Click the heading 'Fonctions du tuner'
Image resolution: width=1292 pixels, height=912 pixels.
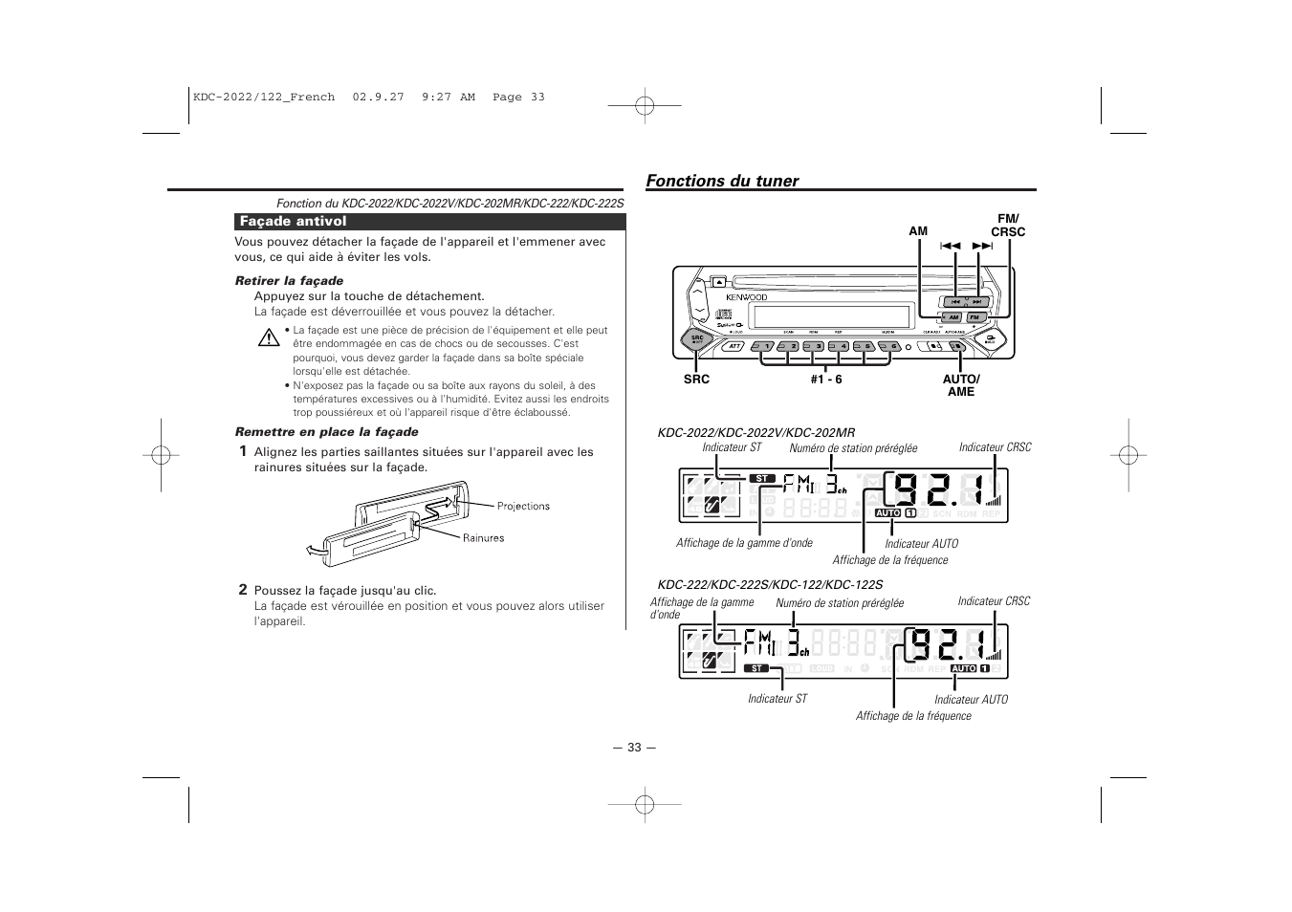tap(722, 181)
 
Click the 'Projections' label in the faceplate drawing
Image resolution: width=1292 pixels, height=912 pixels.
tap(523, 507)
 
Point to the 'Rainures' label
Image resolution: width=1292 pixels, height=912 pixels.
tap(483, 538)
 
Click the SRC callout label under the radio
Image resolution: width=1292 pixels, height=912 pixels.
tap(696, 380)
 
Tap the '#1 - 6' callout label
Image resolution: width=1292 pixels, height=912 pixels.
tap(826, 380)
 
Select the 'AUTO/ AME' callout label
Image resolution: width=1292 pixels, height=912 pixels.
tap(961, 385)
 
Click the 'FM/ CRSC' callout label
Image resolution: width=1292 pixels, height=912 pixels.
tap(1008, 226)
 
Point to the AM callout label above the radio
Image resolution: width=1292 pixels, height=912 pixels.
tap(918, 231)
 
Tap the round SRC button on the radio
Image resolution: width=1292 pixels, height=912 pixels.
tap(698, 339)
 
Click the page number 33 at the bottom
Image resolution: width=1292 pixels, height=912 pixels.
tap(634, 748)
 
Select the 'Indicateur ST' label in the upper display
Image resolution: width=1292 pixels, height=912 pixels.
tap(732, 447)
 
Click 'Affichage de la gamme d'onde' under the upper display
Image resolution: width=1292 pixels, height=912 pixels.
tap(744, 543)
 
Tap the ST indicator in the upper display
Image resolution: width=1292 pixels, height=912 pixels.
tap(761, 478)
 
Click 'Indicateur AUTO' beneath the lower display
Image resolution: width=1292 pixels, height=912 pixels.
tap(971, 700)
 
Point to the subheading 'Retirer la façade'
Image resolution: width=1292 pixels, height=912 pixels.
tap(289, 281)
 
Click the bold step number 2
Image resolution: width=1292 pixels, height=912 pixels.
tap(243, 590)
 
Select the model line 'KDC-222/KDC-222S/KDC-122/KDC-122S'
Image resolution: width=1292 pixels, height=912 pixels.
tap(770, 584)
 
